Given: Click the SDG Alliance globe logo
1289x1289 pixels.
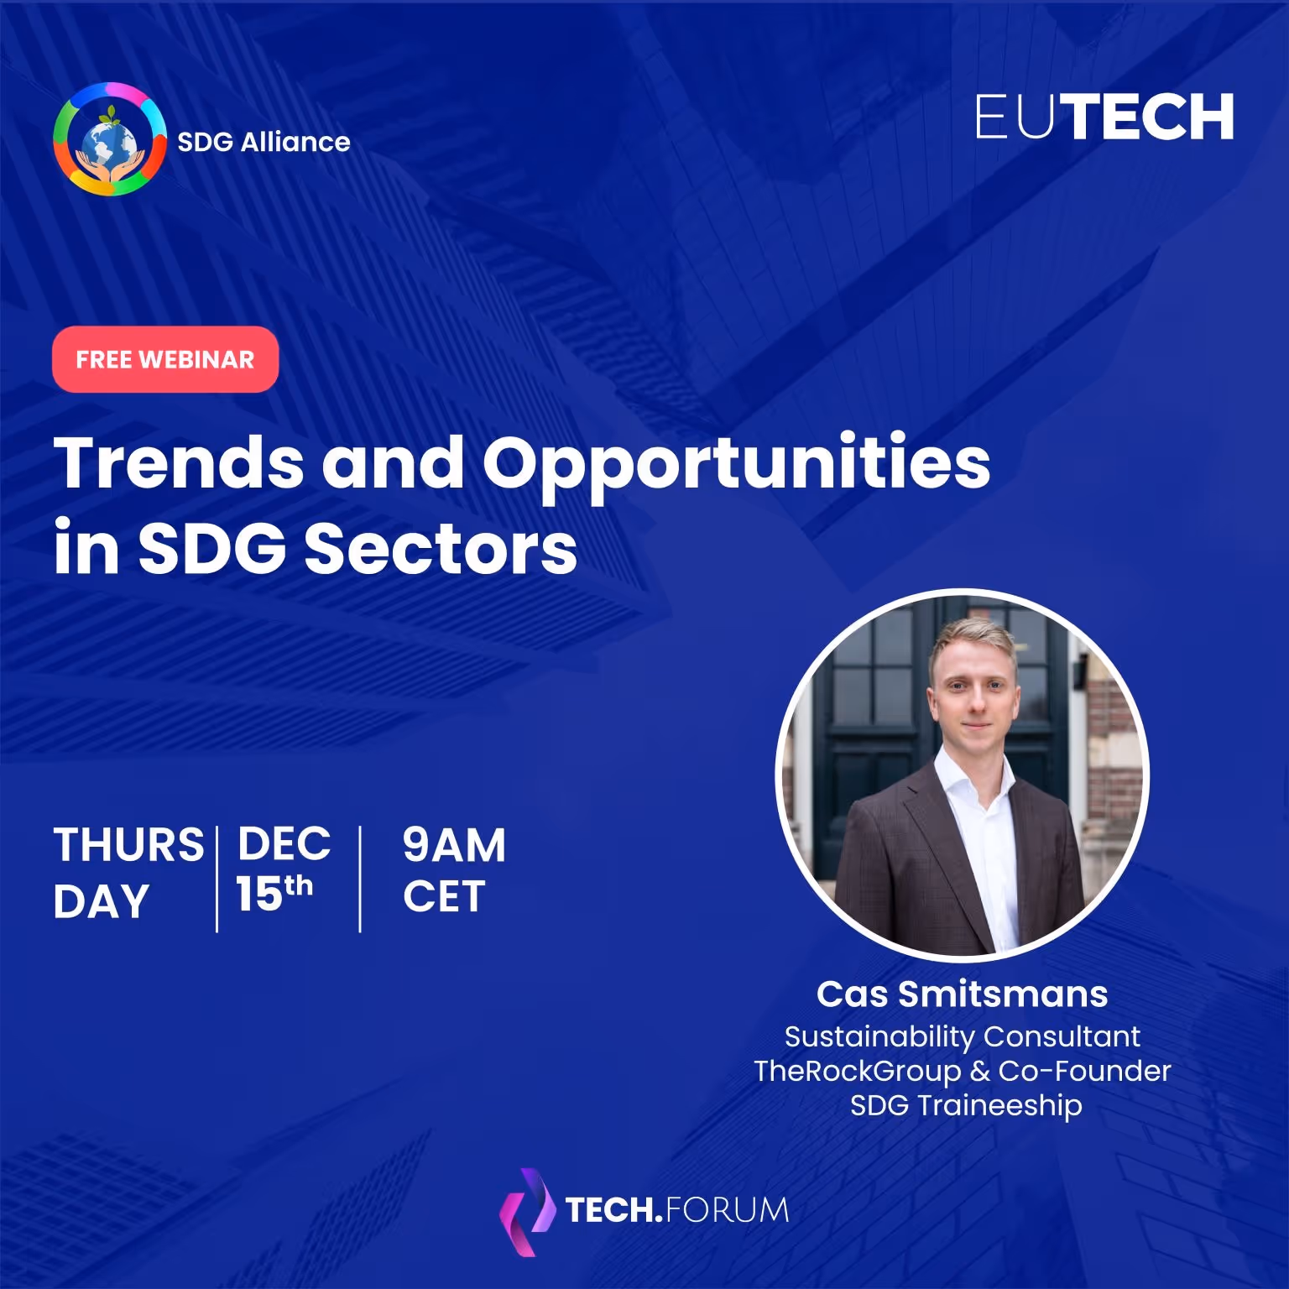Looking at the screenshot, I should point(110,139).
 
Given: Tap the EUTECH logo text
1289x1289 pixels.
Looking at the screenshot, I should point(1104,117).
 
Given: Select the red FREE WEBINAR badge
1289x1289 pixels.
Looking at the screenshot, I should point(165,359).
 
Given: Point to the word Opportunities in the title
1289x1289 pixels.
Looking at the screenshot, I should point(736,464).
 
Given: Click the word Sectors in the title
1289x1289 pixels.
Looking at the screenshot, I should point(441,549).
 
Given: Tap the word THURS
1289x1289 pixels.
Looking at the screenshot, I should point(128,844).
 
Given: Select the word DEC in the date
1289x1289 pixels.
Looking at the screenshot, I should point(284,844).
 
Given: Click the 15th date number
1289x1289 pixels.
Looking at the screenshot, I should point(274,893).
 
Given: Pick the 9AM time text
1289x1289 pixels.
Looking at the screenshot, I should point(454,844).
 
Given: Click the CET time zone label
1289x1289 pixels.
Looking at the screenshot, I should point(444,896).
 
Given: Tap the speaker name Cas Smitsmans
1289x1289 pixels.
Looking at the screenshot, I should point(962,994).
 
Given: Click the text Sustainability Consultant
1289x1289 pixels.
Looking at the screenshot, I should point(962,1036).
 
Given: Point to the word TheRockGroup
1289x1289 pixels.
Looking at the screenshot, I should point(857,1071).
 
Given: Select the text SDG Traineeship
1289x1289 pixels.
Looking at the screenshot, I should point(965,1105).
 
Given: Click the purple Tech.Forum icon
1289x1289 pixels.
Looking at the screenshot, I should point(527,1211).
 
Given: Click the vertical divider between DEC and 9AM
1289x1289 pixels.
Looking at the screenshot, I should point(360,879).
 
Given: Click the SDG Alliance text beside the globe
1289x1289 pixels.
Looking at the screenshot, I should point(264,142).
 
